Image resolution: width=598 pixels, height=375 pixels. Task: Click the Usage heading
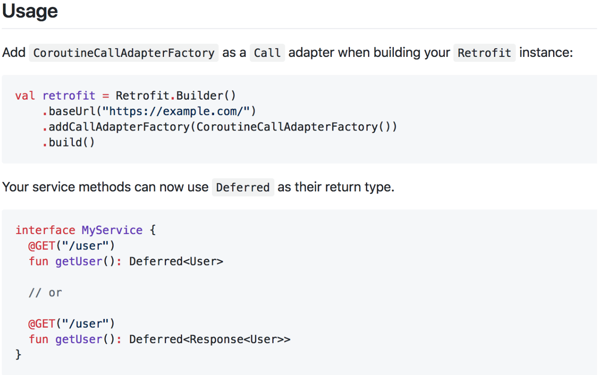pos(30,11)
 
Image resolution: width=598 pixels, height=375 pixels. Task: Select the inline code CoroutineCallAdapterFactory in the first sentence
pos(124,53)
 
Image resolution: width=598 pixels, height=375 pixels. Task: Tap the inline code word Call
pos(267,53)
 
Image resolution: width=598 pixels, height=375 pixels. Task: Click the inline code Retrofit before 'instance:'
pos(484,53)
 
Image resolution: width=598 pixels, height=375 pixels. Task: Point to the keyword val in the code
pos(25,96)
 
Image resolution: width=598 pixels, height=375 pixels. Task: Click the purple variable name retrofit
pos(69,96)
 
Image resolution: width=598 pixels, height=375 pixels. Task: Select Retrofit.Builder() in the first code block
pos(176,96)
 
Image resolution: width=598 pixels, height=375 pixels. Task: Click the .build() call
pos(69,142)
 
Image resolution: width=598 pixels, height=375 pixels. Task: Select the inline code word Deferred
pos(243,187)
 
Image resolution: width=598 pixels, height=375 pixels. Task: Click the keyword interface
pos(45,230)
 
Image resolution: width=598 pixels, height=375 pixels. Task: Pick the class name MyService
pos(112,230)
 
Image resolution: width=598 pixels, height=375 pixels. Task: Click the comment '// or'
pos(45,293)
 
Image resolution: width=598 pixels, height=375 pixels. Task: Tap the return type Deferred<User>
pos(176,261)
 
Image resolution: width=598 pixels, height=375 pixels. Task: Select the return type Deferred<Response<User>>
pos(210,339)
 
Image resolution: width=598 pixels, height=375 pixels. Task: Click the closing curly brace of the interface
pos(18,354)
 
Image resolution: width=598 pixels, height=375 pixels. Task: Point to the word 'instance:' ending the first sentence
pos(546,53)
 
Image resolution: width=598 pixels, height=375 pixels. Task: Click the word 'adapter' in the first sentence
pos(311,53)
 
